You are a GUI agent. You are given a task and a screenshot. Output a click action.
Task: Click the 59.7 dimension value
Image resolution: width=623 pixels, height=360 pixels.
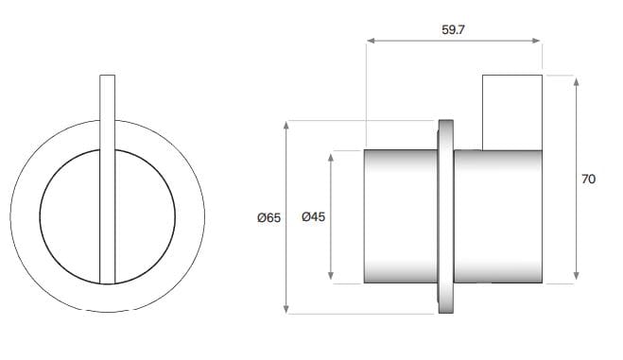point(455,29)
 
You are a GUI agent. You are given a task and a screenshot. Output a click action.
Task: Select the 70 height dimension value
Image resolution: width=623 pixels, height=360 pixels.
point(588,179)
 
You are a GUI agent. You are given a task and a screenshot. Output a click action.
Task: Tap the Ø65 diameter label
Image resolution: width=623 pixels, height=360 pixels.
point(268,217)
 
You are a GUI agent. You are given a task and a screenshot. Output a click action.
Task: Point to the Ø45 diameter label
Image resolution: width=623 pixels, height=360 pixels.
point(313,217)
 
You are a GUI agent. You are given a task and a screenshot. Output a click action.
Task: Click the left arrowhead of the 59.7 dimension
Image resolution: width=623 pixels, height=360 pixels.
point(370,41)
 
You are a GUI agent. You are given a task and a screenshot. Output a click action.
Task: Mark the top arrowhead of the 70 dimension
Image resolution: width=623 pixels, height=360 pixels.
point(574,78)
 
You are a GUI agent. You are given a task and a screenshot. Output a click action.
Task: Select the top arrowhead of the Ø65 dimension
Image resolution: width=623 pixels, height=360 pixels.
point(286,126)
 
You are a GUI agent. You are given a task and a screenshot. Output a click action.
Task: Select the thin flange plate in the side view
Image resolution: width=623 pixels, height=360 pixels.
point(444,217)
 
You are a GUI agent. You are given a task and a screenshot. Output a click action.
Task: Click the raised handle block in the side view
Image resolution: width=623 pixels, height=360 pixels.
point(512,111)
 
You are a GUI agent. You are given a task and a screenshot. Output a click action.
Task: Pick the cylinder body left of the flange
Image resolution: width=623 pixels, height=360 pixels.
point(400,217)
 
